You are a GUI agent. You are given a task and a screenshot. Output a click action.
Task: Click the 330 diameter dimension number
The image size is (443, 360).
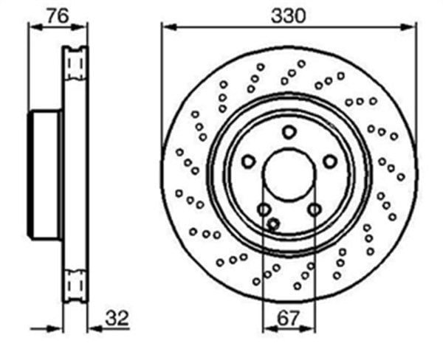pyautogui.click(x=288, y=15)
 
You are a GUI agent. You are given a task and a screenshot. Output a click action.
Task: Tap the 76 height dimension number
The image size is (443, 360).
pyautogui.click(x=58, y=15)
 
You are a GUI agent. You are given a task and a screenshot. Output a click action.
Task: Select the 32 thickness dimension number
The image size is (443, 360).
pyautogui.click(x=117, y=318)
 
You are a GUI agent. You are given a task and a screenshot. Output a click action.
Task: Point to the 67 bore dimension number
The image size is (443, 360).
pyautogui.click(x=288, y=318)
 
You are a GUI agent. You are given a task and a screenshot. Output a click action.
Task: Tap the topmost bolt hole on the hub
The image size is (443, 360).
pyautogui.click(x=289, y=132)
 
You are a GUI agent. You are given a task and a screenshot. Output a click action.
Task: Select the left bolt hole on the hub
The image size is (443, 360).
pyautogui.click(x=248, y=162)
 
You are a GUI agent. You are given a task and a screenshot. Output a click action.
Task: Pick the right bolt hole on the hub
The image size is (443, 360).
pyautogui.click(x=330, y=162)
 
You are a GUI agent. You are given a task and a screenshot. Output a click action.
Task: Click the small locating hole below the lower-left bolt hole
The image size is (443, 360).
pyautogui.click(x=273, y=224)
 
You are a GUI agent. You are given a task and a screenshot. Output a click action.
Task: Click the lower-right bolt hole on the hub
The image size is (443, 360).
pyautogui.click(x=315, y=210)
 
